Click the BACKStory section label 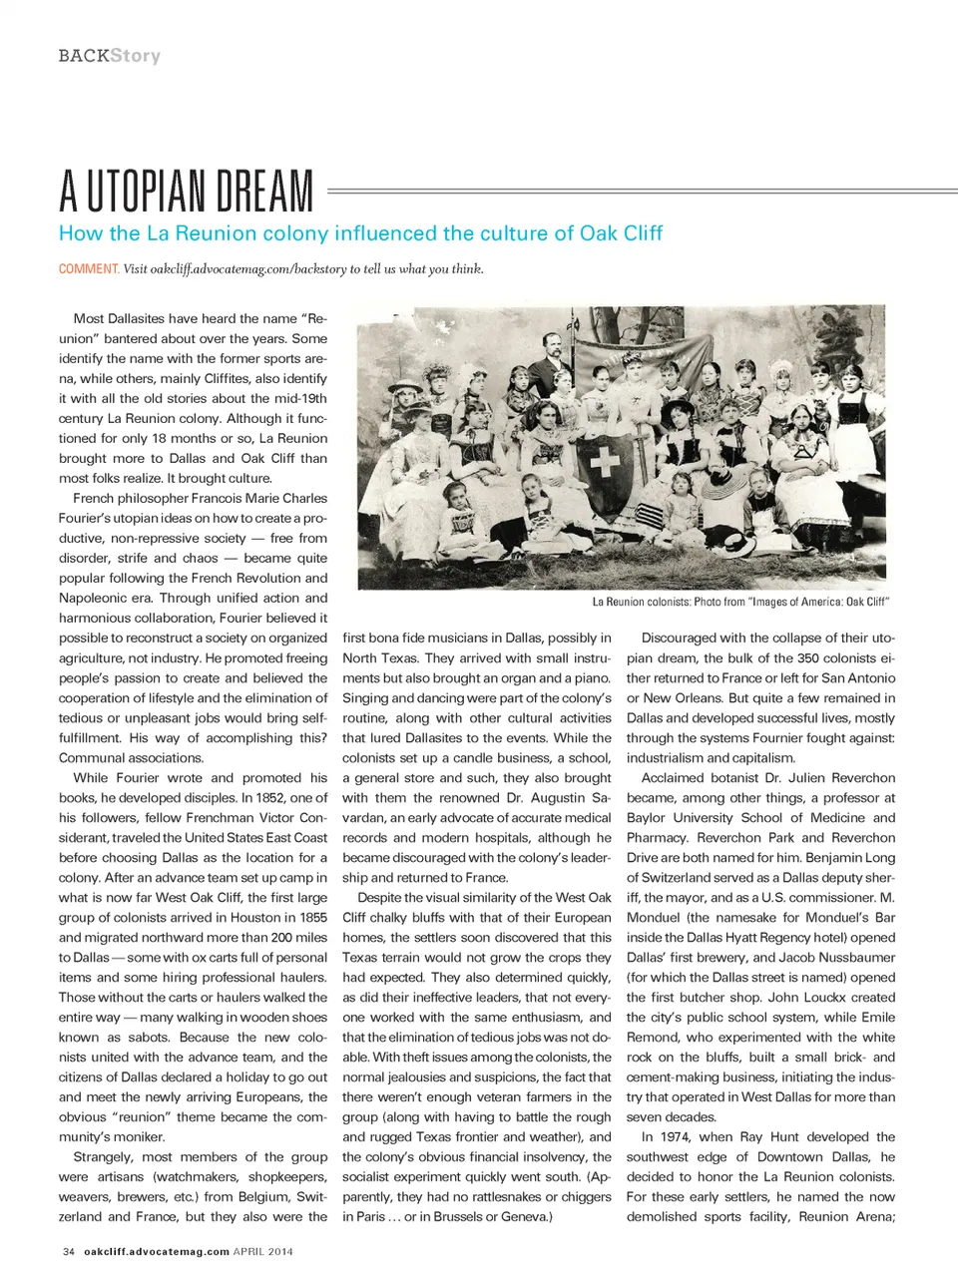pyautogui.click(x=109, y=56)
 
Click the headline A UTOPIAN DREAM pyautogui.click(x=186, y=192)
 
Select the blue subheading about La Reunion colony pyautogui.click(x=360, y=233)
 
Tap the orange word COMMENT pyautogui.click(x=89, y=268)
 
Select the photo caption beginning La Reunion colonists pyautogui.click(x=739, y=602)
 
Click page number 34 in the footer pyautogui.click(x=69, y=1251)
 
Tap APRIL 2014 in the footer pyautogui.click(x=262, y=1251)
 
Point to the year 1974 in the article pyautogui.click(x=675, y=1136)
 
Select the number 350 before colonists pyautogui.click(x=807, y=657)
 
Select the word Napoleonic pyautogui.click(x=105, y=598)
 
